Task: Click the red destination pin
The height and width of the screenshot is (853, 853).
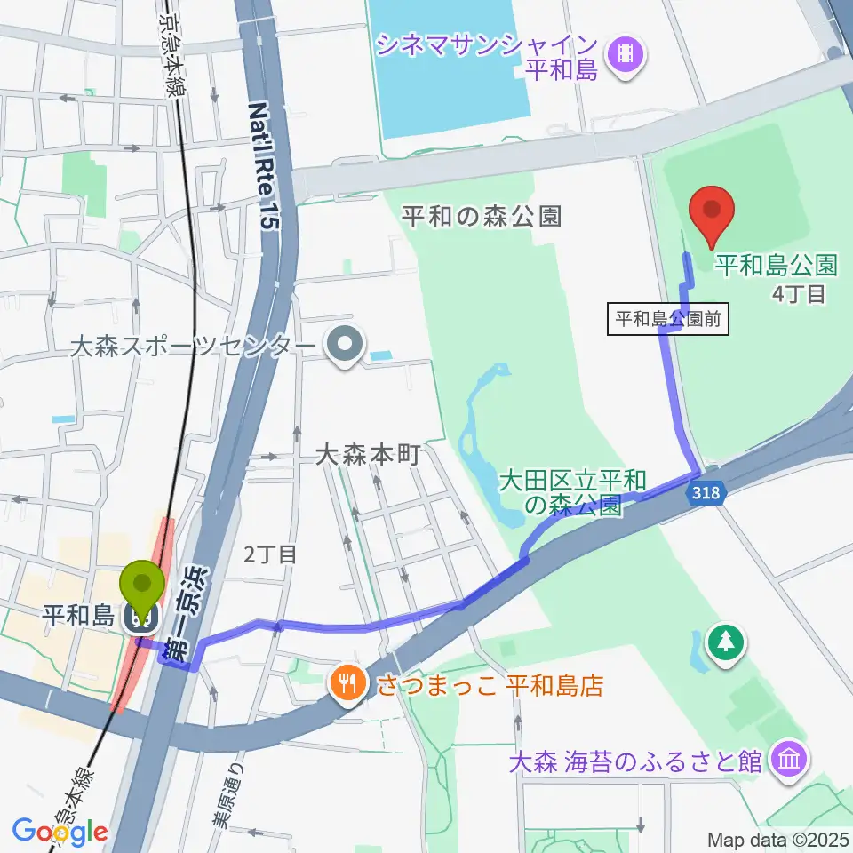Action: (x=713, y=213)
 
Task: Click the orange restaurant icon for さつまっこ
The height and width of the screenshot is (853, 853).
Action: (x=347, y=683)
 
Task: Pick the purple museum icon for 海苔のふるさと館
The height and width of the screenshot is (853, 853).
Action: (x=789, y=761)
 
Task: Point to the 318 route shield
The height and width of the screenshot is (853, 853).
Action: (x=707, y=491)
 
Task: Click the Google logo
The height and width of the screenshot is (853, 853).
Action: (x=60, y=832)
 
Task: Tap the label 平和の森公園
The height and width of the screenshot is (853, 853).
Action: (x=482, y=217)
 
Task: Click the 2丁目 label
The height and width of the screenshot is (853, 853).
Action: (x=269, y=555)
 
